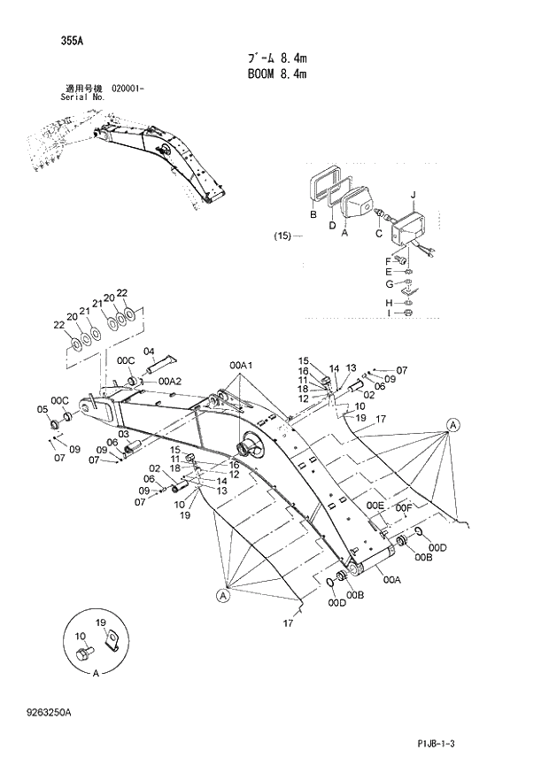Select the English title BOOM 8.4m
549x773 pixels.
[276, 75]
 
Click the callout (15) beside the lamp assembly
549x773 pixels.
[282, 236]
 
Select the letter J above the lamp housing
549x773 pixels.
[413, 194]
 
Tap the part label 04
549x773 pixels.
[149, 352]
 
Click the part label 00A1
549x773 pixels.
[241, 365]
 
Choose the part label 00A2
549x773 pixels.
[170, 381]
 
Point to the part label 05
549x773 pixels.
[42, 409]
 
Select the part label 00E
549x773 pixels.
[375, 506]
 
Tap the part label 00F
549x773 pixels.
[404, 507]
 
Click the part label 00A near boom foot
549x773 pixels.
[393, 581]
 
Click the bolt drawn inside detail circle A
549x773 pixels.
[85, 653]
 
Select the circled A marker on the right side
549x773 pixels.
[453, 425]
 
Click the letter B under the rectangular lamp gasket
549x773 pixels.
[313, 215]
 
